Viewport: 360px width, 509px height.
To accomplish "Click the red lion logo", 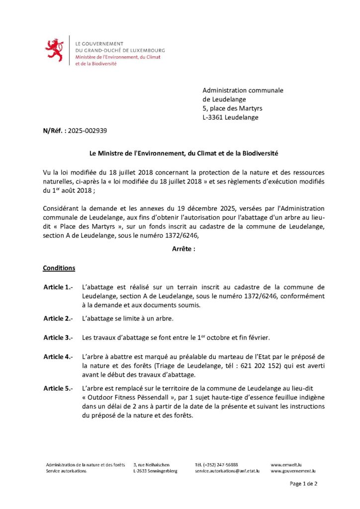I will coord(54,50).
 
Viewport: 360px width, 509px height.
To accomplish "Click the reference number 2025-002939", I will coord(88,131).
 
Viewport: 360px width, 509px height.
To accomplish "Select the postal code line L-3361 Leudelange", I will coord(230,118).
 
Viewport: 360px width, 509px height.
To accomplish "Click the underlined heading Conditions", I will coord(59,268).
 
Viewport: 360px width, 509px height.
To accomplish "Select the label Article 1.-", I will coord(58,287).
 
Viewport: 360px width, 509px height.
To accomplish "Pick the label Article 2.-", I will coord(58,318).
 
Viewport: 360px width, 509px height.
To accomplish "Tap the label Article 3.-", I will coord(58,338).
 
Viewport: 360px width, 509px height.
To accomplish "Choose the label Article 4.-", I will coord(58,357).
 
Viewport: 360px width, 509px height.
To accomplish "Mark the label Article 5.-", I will coord(58,388).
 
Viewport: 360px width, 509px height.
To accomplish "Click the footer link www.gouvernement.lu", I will coord(293,471).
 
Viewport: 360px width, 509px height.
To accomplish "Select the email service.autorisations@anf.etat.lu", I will coord(227,471).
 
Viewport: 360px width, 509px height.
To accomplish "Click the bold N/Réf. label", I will coord(54,131).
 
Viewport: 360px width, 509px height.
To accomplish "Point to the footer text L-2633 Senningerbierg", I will coord(155,471).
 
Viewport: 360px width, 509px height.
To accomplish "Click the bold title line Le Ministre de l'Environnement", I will coord(180,155).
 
